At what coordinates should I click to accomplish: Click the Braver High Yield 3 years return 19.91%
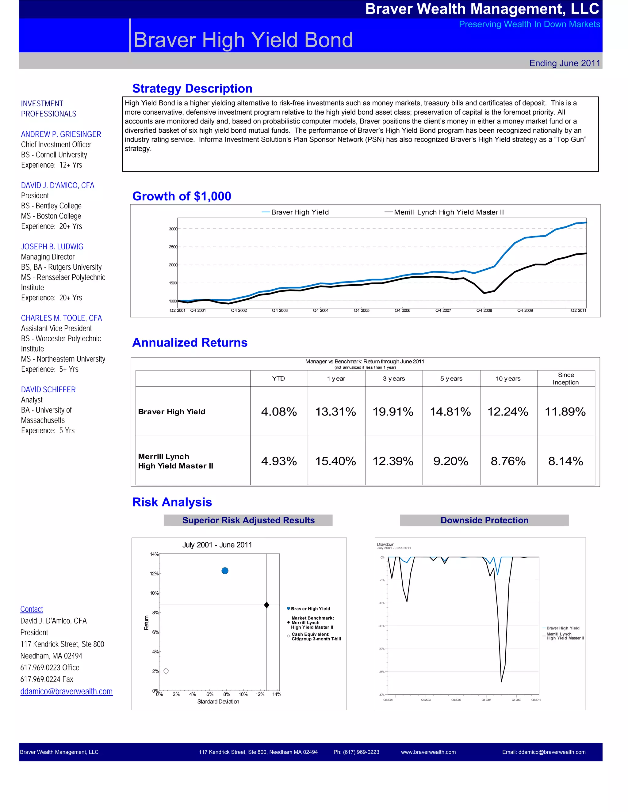(x=393, y=412)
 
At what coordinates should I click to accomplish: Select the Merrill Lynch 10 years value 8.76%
(x=508, y=461)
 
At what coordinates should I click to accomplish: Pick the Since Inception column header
(x=565, y=378)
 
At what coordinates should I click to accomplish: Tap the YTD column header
(x=278, y=378)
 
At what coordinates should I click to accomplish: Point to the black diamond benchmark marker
(x=266, y=605)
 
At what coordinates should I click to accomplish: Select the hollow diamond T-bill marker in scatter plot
(x=166, y=671)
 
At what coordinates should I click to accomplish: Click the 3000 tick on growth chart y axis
(x=173, y=229)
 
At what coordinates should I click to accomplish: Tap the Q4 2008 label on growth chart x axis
(x=484, y=310)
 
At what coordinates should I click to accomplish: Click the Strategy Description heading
(x=192, y=89)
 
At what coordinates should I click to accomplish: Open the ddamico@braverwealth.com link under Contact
(x=66, y=691)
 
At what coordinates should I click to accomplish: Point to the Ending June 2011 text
(x=565, y=63)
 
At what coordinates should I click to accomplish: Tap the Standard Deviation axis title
(x=218, y=702)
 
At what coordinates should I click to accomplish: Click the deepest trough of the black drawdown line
(x=501, y=681)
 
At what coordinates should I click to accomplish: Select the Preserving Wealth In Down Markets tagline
(x=529, y=24)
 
